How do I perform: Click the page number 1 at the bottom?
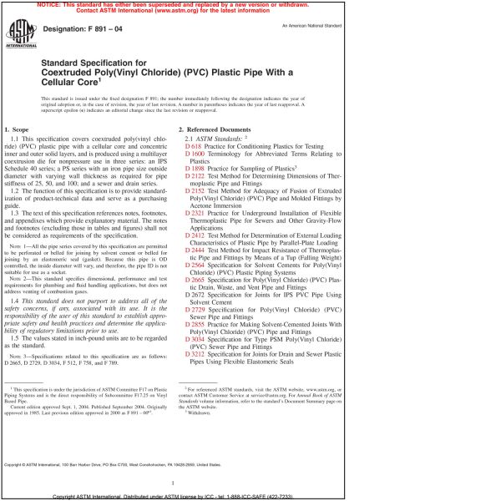170,483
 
